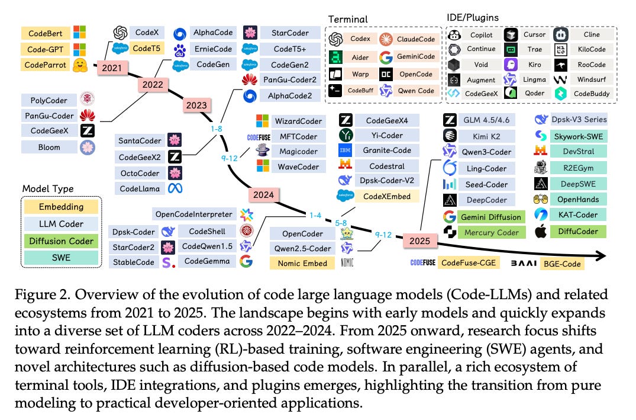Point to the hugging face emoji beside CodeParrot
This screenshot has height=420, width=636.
[80, 64]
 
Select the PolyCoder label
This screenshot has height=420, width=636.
[46, 100]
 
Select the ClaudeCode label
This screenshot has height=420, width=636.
[416, 39]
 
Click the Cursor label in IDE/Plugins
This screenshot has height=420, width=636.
[535, 35]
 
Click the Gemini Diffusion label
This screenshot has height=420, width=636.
[492, 217]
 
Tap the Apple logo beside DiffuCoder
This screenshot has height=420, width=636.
[541, 232]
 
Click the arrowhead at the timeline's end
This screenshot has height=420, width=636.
[603, 255]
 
